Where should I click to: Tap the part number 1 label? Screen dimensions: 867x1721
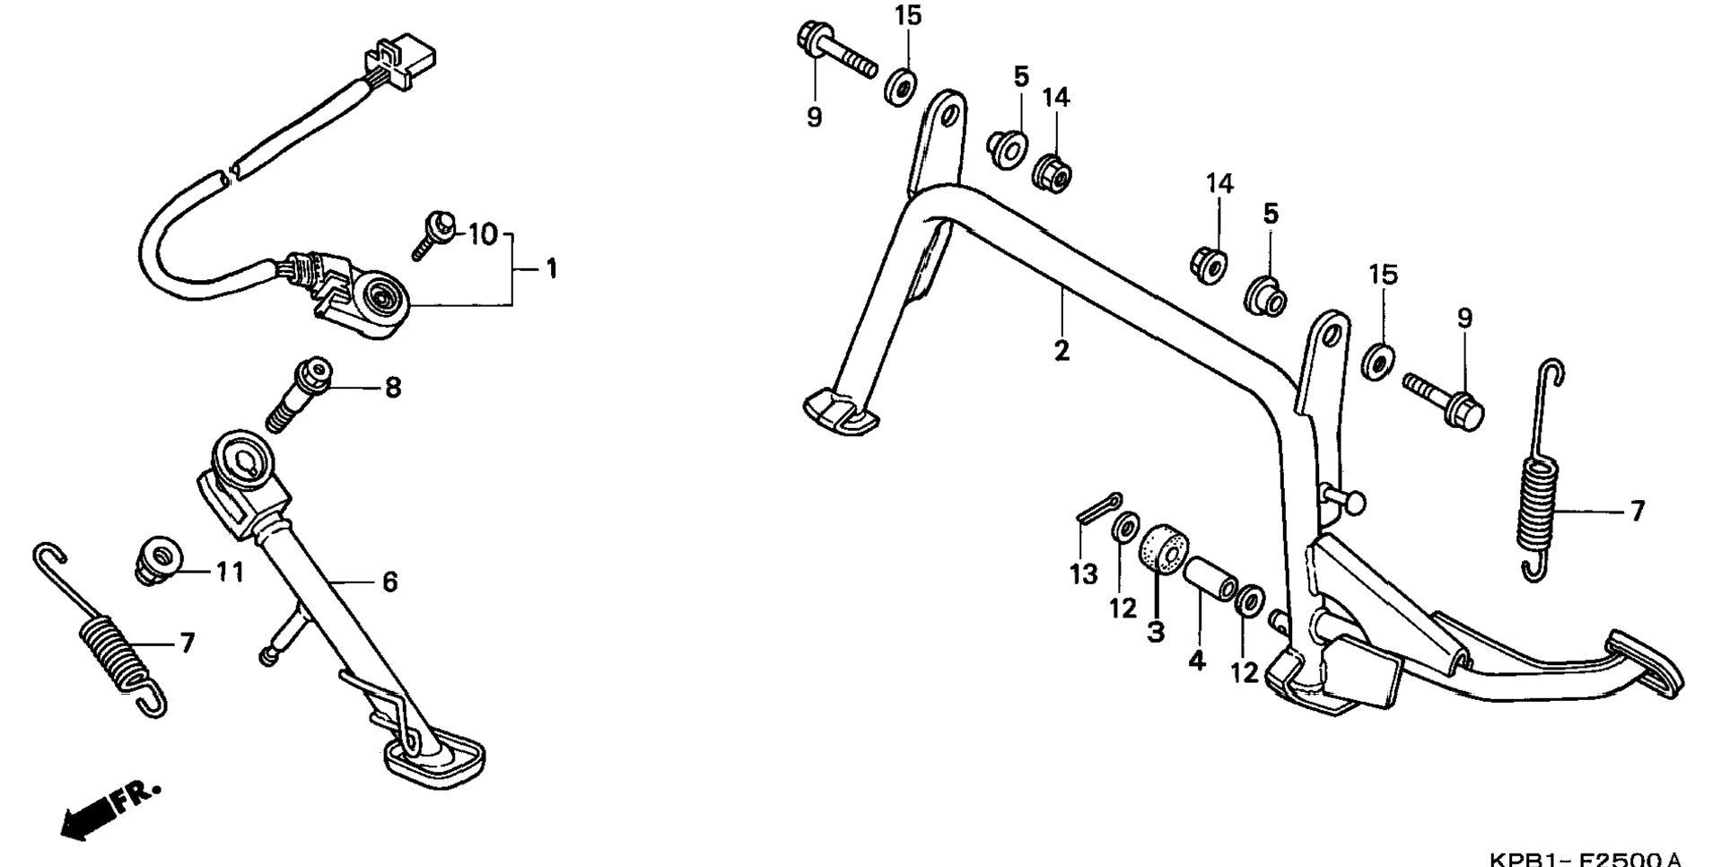pyautogui.click(x=552, y=268)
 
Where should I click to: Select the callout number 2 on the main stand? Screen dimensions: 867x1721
pyautogui.click(x=1061, y=350)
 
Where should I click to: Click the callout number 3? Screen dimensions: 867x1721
pyautogui.click(x=1156, y=631)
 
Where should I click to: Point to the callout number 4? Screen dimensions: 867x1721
pyautogui.click(x=1197, y=661)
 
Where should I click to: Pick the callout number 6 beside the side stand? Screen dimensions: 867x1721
pyautogui.click(x=389, y=582)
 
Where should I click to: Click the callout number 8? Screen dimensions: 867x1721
pyautogui.click(x=393, y=388)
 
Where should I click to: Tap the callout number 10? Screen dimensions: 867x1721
pyautogui.click(x=483, y=235)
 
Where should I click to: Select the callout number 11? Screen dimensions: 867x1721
pyautogui.click(x=230, y=572)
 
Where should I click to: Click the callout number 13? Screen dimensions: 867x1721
pyautogui.click(x=1084, y=574)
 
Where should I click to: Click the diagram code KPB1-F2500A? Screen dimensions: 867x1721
pyautogui.click(x=1585, y=859)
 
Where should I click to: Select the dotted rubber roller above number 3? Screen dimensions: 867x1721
pyautogui.click(x=1164, y=544)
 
